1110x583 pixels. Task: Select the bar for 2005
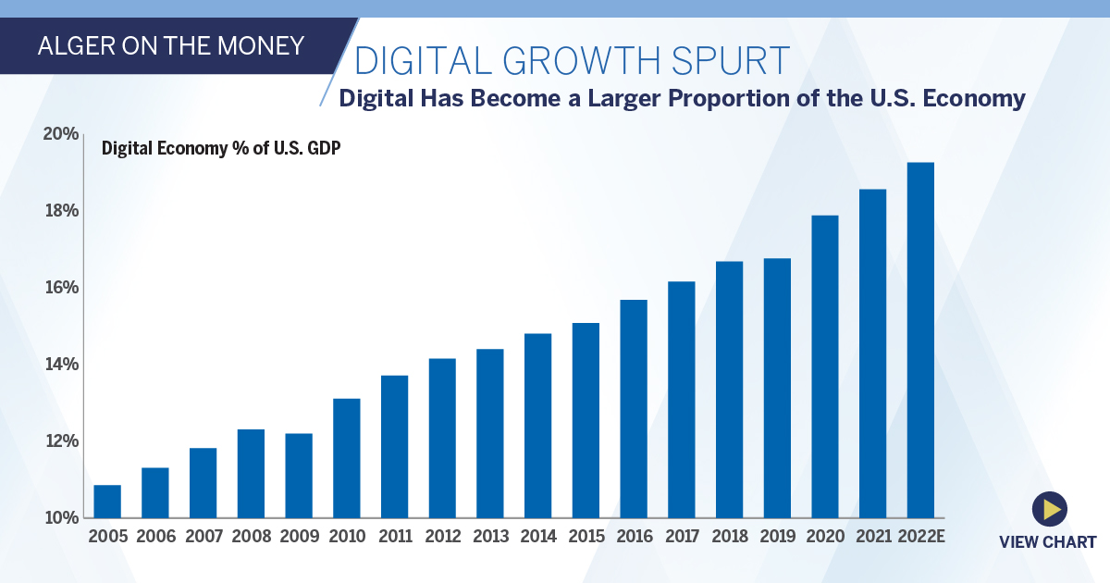point(107,501)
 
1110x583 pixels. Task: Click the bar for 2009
point(299,475)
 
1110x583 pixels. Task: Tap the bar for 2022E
point(920,340)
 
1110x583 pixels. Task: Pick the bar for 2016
point(634,408)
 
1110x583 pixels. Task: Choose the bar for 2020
point(825,366)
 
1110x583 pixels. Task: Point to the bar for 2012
point(442,438)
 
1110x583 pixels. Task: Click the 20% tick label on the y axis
point(60,134)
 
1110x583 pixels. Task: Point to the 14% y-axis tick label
point(60,364)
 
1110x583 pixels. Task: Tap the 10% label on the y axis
point(60,517)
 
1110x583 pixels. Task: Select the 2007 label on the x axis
point(203,537)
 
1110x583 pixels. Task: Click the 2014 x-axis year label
point(537,537)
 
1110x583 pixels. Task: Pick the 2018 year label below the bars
point(729,537)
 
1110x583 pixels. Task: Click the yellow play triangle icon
point(1050,508)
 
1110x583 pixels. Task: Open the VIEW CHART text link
point(1047,542)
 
